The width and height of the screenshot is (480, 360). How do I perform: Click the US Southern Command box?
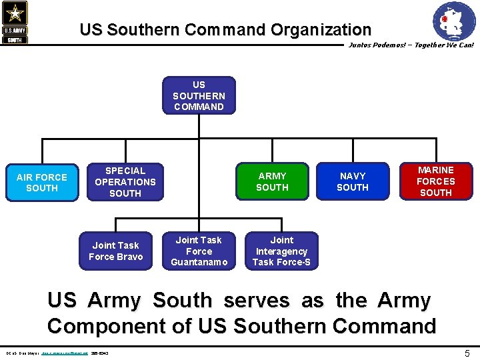pyautogui.click(x=199, y=95)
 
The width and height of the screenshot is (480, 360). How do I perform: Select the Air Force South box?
pyautogui.click(x=42, y=182)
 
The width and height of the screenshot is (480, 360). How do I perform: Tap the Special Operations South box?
pyautogui.click(x=125, y=181)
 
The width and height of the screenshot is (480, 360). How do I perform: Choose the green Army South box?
pyautogui.click(x=272, y=181)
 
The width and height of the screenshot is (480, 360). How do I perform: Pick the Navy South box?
pyautogui.click(x=353, y=181)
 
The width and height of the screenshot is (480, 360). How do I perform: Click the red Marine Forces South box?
pyautogui.click(x=435, y=181)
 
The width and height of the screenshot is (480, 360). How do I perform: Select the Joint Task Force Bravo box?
pyautogui.click(x=115, y=251)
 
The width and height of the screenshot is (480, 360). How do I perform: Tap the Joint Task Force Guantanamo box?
pyautogui.click(x=199, y=251)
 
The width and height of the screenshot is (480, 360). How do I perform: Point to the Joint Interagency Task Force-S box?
pyautogui.click(x=281, y=251)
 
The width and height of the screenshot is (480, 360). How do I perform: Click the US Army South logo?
pyautogui.click(x=14, y=23)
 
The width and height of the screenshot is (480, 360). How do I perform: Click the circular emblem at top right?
pyautogui.click(x=454, y=21)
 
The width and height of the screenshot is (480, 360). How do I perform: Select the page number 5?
pyautogui.click(x=467, y=353)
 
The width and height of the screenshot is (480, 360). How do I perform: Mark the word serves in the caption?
pyautogui.click(x=257, y=301)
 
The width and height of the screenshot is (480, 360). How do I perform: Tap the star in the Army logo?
pyautogui.click(x=14, y=13)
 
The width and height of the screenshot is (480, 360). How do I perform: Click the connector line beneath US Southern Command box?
pyautogui.click(x=199, y=127)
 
